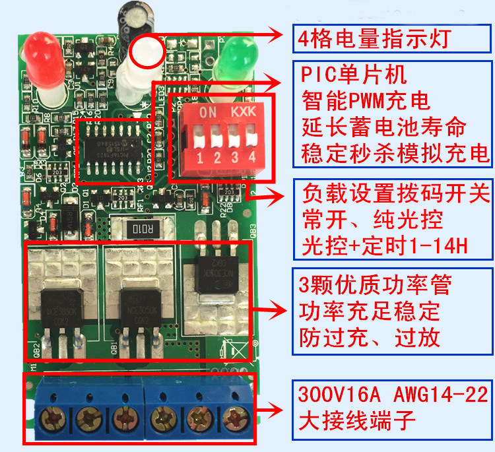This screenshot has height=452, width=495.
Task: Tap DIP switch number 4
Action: (x=251, y=139)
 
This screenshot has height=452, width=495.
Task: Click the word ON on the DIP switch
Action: (x=208, y=112)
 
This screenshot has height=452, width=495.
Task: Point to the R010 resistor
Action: (x=144, y=230)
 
